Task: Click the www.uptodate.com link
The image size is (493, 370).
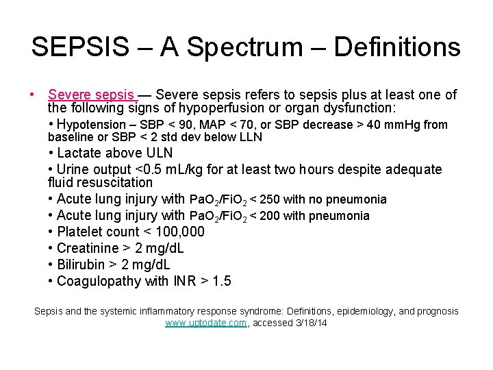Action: (x=205, y=323)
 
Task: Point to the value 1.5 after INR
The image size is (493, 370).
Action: (x=221, y=281)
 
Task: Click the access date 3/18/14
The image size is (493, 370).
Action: (x=309, y=323)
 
